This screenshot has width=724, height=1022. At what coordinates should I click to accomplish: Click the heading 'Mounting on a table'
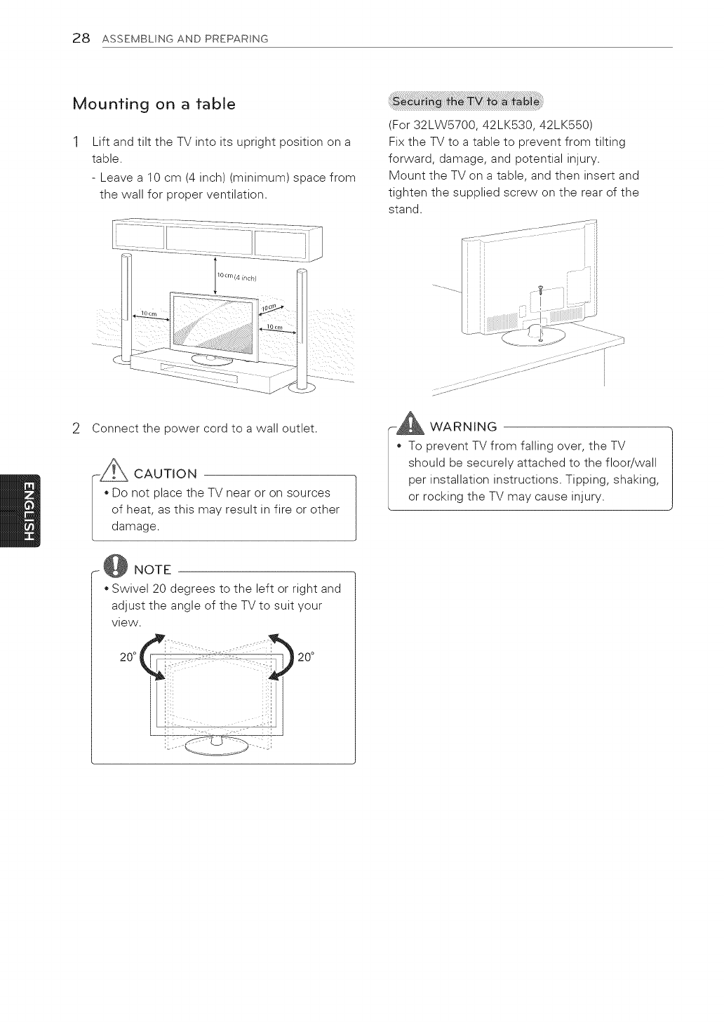click(x=154, y=105)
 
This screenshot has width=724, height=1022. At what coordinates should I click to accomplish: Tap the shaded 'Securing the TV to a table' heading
click(x=466, y=102)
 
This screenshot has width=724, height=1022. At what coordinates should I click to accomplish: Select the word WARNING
click(x=463, y=426)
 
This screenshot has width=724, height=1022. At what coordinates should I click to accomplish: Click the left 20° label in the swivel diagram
click(x=127, y=657)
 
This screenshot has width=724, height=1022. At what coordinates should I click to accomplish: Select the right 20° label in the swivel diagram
click(x=306, y=657)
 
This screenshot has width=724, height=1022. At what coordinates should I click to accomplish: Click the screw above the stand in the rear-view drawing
click(x=542, y=289)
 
